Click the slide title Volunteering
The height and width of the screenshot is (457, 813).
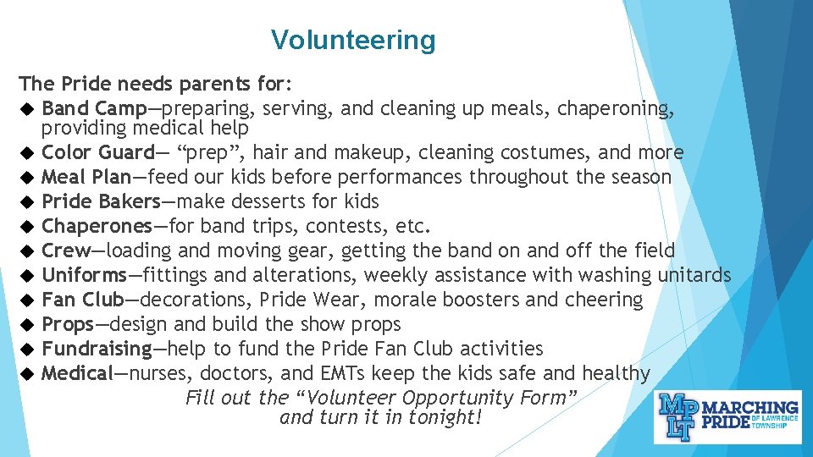(x=353, y=40)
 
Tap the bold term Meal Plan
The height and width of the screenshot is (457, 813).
(x=86, y=178)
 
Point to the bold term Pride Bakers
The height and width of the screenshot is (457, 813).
(x=101, y=202)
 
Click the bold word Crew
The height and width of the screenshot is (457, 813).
(x=65, y=251)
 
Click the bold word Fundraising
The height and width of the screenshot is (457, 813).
(x=96, y=350)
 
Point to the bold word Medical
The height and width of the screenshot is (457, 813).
(x=77, y=374)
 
